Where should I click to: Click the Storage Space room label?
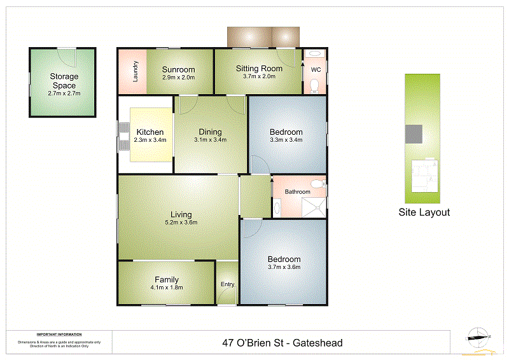click(x=64, y=81)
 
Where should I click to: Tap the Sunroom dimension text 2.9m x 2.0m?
click(x=178, y=78)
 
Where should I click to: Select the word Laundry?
click(x=136, y=72)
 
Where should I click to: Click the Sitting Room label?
click(x=259, y=69)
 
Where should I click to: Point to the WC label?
click(x=315, y=69)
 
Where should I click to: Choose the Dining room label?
click(x=210, y=132)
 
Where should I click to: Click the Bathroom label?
click(x=297, y=191)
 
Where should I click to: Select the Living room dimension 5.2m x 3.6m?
click(x=181, y=223)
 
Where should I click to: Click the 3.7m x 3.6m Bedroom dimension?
click(x=284, y=267)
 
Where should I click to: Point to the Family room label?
click(x=167, y=279)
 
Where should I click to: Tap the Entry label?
click(x=227, y=284)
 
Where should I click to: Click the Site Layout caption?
click(x=424, y=212)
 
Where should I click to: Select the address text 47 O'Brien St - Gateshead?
click(x=282, y=343)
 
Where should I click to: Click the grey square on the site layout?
click(x=414, y=134)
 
